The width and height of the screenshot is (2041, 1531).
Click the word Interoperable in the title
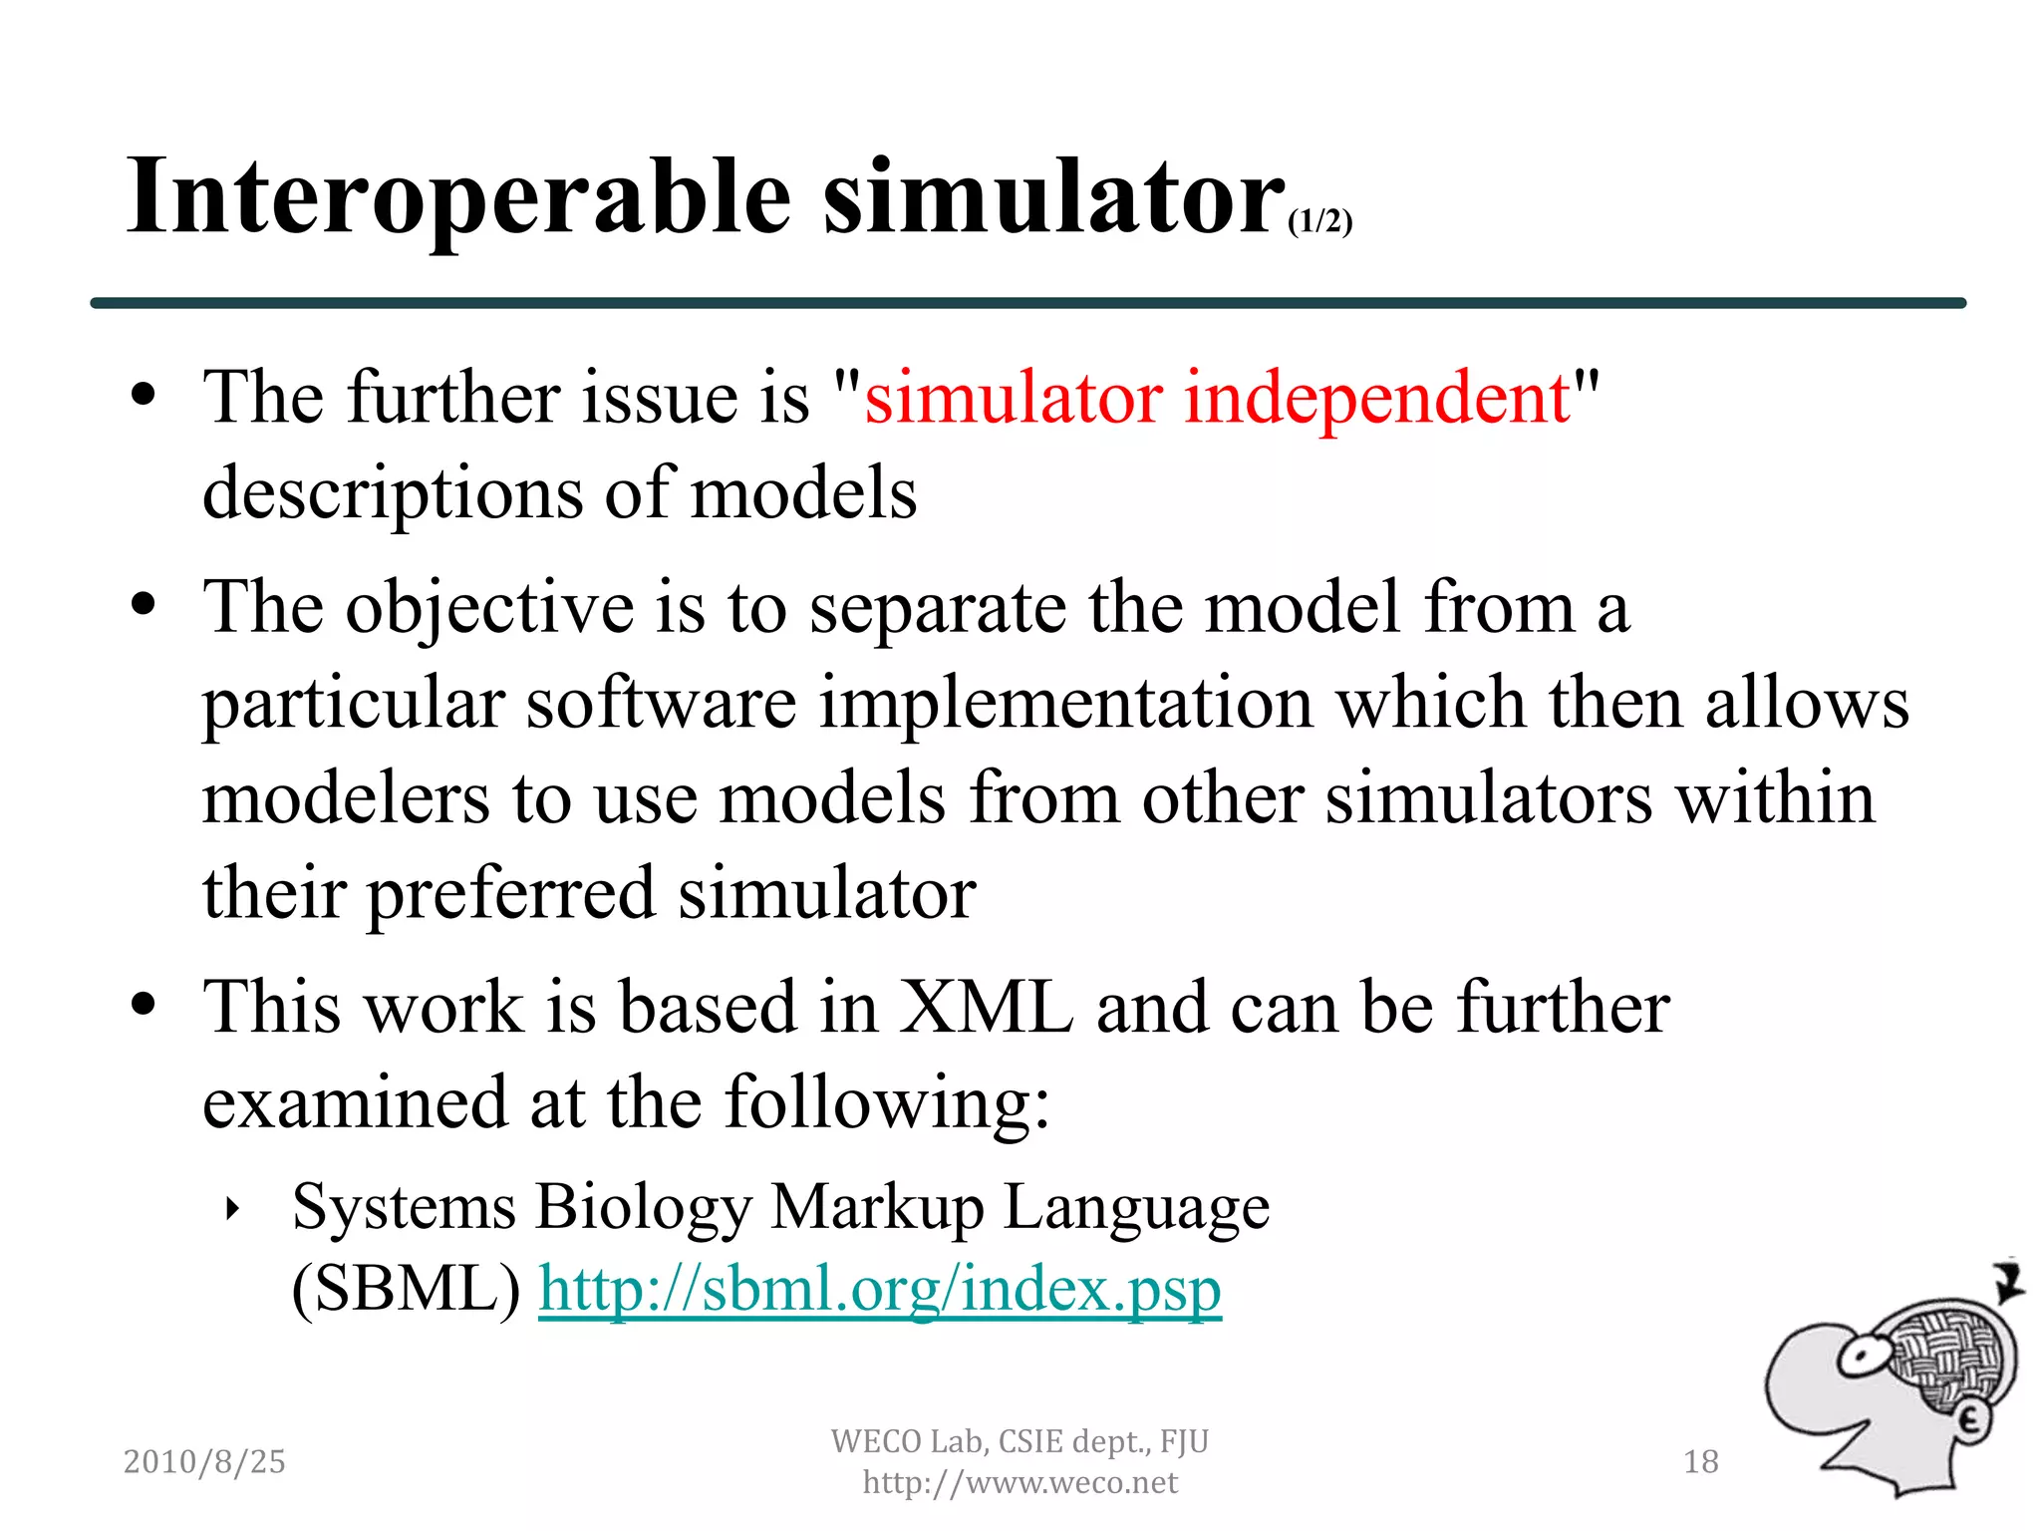(x=458, y=199)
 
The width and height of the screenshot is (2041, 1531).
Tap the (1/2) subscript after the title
(x=1319, y=221)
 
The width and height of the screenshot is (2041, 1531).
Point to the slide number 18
(x=1700, y=1461)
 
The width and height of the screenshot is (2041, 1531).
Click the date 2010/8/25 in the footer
(x=204, y=1461)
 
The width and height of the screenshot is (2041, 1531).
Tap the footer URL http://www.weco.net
(x=1020, y=1483)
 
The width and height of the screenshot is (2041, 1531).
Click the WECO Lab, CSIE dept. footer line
(x=1020, y=1441)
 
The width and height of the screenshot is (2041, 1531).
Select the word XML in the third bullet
(x=986, y=1007)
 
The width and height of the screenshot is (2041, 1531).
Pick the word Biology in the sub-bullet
(x=643, y=1208)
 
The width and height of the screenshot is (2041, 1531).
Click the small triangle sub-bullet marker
(x=233, y=1210)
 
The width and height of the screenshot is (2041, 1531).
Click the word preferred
(x=511, y=893)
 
